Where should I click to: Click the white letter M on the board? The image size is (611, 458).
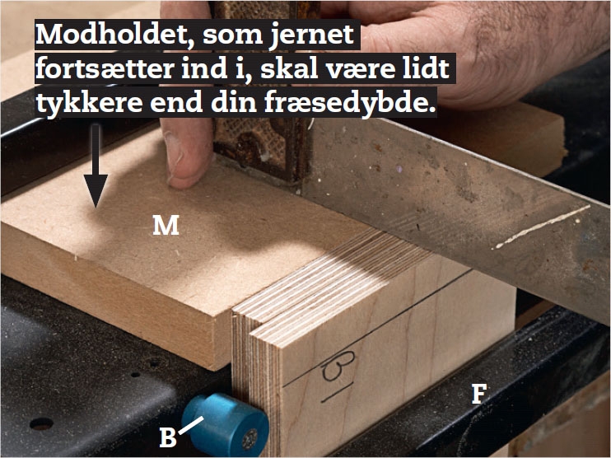[x=166, y=226]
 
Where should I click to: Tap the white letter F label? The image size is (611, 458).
[x=479, y=394]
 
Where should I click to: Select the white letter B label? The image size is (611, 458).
[x=168, y=437]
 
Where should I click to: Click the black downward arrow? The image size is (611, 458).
[x=96, y=166]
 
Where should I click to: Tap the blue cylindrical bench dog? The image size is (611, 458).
[x=226, y=424]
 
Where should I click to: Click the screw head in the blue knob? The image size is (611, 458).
[x=250, y=438]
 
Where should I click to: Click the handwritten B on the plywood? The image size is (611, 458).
[x=339, y=366]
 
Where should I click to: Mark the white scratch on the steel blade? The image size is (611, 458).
[x=543, y=227]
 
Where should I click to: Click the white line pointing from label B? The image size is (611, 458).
[x=191, y=425]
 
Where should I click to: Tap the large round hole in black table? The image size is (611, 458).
[x=41, y=423]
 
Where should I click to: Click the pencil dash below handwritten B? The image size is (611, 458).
[x=337, y=392]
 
